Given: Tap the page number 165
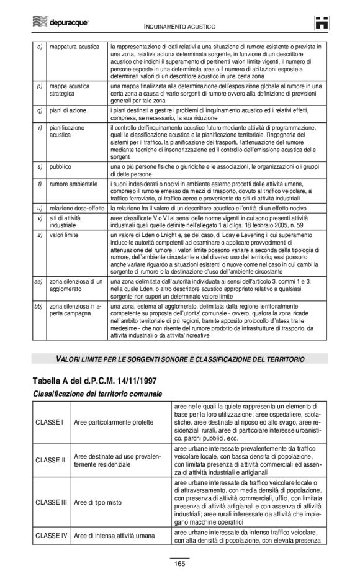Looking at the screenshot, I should (179, 564).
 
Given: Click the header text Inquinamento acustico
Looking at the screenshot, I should (179, 27).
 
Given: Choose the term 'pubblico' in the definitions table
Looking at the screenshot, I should (61, 167).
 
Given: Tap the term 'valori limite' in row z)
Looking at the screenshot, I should (65, 236).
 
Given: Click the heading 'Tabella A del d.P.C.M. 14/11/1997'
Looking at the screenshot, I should (96, 381).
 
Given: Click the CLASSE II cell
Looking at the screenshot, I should (51, 460).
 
